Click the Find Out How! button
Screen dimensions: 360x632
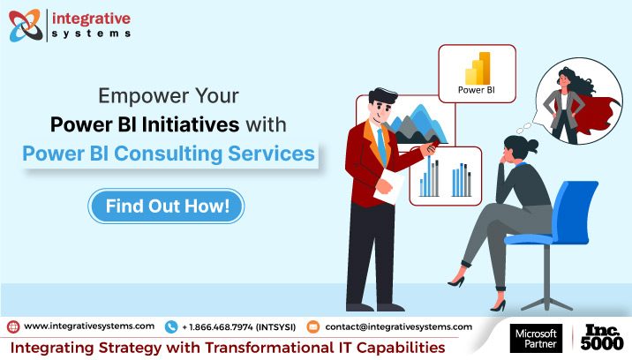coord(167,206)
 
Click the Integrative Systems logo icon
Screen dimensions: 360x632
coord(25,26)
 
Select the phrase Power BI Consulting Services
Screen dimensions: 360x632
coord(169,153)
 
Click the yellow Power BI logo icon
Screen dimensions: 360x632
coord(476,67)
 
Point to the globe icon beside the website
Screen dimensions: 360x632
coord(13,326)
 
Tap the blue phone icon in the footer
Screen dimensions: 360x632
coord(171,326)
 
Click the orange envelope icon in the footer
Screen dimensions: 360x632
coord(312,326)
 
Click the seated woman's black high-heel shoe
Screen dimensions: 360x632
coord(456,280)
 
